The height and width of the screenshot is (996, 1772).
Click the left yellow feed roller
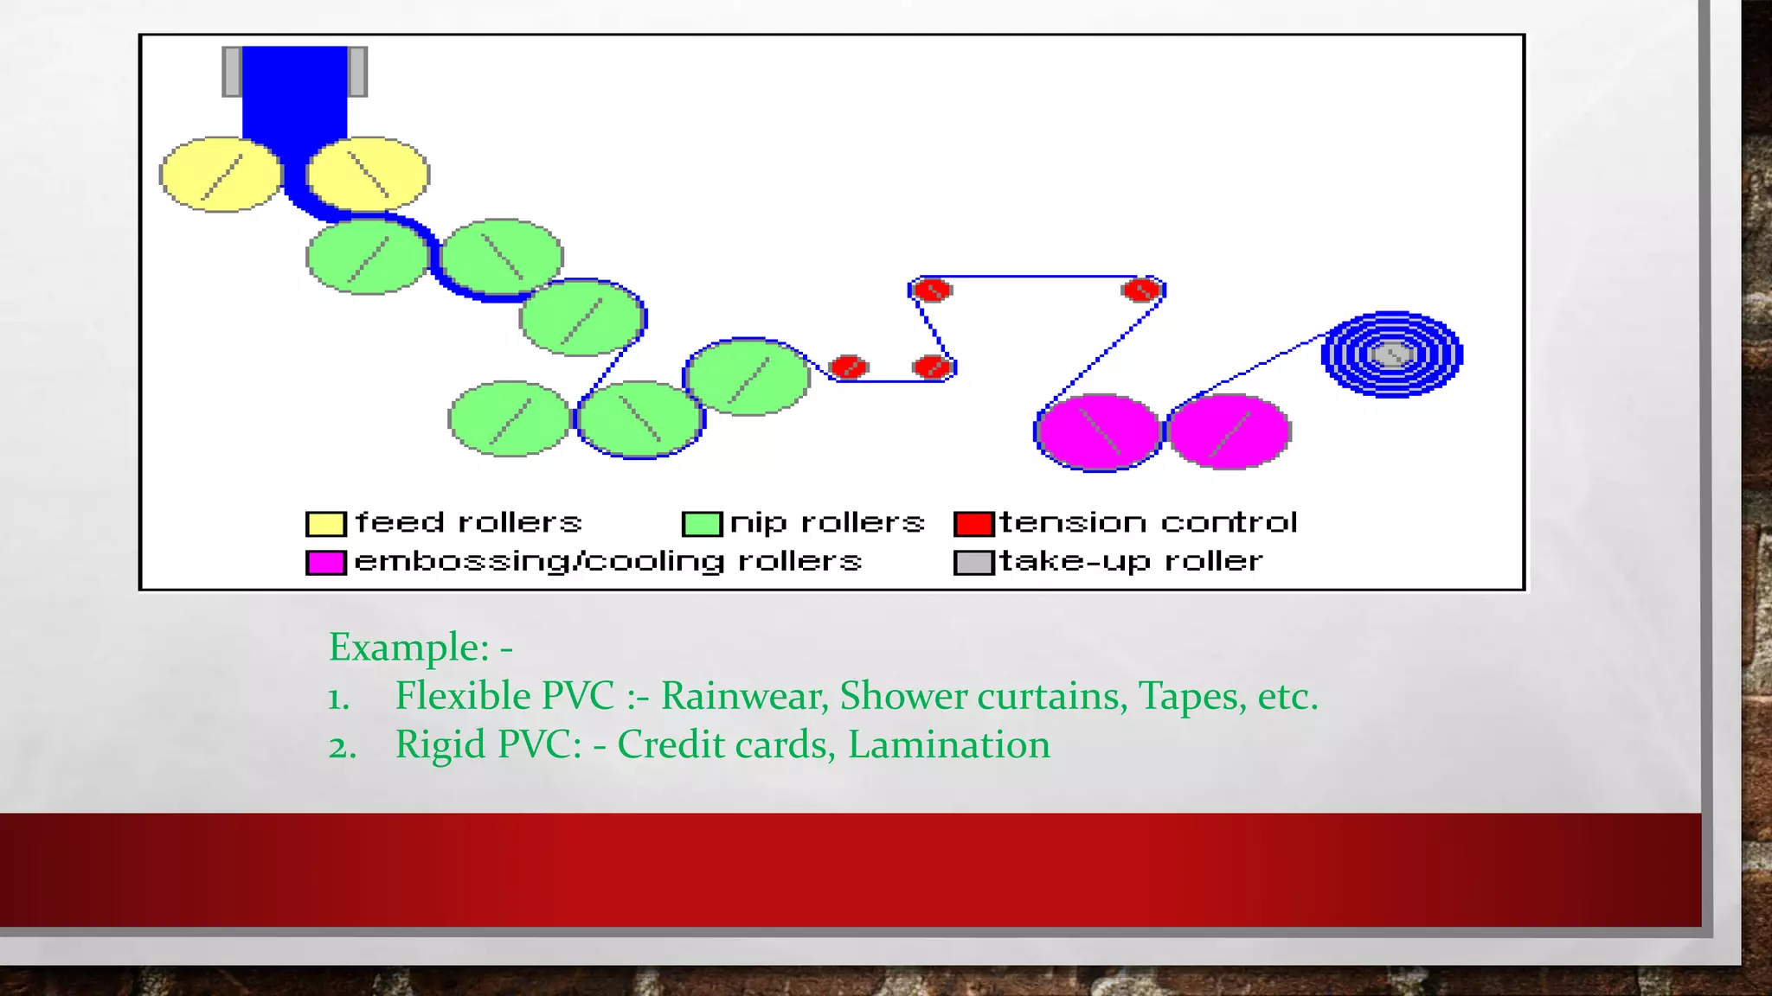point(221,175)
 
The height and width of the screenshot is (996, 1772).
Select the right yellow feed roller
point(368,174)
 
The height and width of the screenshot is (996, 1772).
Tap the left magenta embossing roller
point(1098,432)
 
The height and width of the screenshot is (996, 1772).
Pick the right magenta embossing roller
point(1229,431)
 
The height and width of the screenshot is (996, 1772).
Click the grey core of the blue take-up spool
point(1391,354)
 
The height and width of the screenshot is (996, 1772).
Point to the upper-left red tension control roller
point(932,290)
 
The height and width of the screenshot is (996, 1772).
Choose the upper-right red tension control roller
point(1141,290)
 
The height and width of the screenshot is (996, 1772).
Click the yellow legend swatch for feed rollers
point(325,524)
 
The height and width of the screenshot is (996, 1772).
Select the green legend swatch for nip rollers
point(702,524)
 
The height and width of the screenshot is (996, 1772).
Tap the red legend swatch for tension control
point(973,524)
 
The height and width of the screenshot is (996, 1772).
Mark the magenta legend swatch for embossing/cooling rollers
point(325,563)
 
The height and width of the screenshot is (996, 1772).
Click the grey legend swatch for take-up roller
point(973,563)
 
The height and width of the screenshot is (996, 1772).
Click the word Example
point(408,648)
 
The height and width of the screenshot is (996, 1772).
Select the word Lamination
point(948,744)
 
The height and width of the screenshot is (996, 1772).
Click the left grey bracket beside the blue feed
point(231,72)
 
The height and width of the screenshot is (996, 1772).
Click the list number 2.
point(340,747)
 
